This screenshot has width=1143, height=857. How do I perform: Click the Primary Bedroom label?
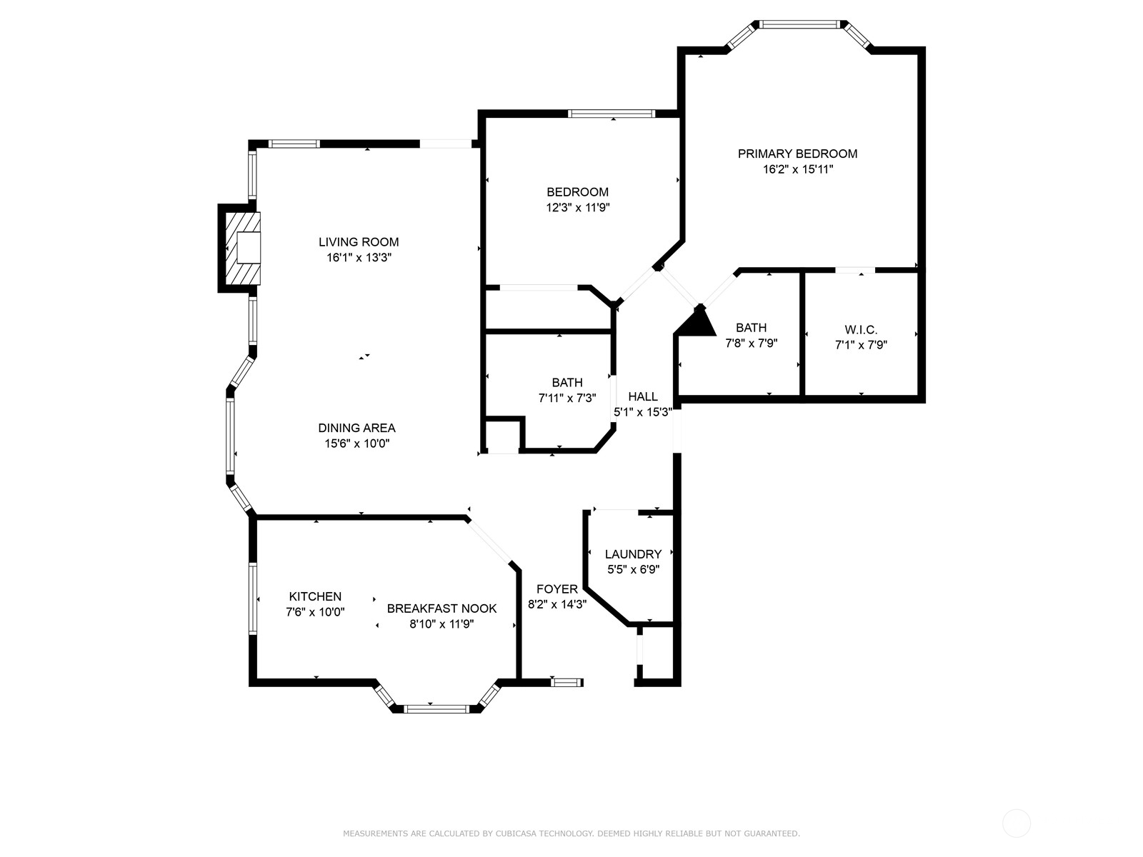tap(797, 154)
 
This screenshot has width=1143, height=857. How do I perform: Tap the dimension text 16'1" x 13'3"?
tap(359, 258)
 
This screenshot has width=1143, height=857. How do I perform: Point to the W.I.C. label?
tap(861, 329)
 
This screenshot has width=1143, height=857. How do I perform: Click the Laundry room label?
tap(633, 554)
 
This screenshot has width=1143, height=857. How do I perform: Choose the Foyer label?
tap(556, 589)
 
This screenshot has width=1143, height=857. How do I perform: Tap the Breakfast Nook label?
tap(441, 608)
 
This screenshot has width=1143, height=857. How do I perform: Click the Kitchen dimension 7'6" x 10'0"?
tap(315, 612)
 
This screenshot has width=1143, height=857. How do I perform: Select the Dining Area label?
tap(356, 428)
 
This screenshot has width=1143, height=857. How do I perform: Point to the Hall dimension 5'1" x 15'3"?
tap(643, 412)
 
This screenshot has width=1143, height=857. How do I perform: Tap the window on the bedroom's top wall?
tap(611, 113)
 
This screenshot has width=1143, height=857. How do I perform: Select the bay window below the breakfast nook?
tap(436, 708)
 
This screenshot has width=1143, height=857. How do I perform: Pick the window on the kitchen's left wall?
tap(253, 598)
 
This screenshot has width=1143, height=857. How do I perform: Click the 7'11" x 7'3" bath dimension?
tap(566, 398)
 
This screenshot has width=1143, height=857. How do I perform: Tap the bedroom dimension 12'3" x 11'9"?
tap(577, 208)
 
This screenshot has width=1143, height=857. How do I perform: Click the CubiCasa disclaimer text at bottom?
tap(571, 833)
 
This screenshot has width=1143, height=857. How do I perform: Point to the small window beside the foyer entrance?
tap(567, 683)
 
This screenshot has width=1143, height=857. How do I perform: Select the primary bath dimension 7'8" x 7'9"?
tap(751, 343)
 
